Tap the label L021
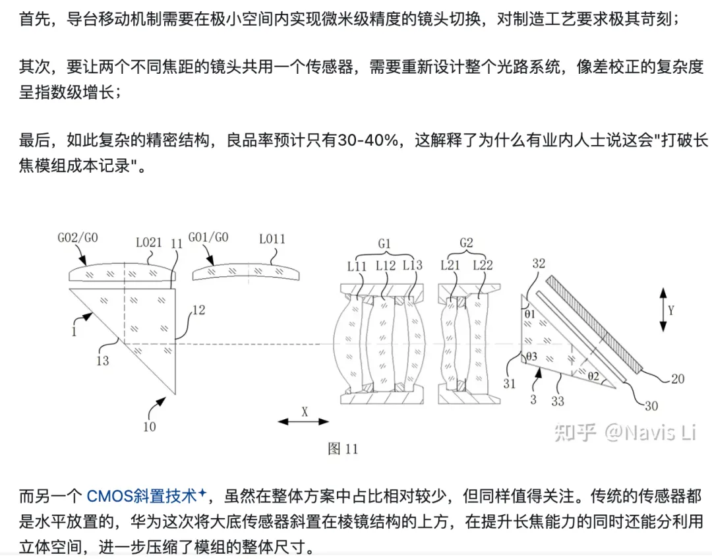pos(148,242)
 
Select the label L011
pos(272,239)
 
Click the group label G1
pos(384,243)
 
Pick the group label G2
pos(465,243)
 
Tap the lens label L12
pos(386,265)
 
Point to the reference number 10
pos(150,426)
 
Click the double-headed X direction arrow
pos(304,421)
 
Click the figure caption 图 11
pos(343,449)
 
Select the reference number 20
pos(677,378)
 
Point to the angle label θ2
pos(593,376)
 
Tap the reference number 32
pos(539,262)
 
